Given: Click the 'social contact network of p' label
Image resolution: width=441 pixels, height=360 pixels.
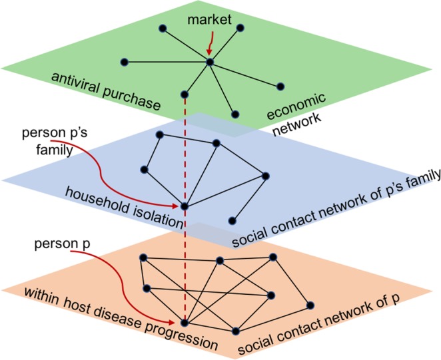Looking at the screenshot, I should pyautogui.click(x=320, y=322).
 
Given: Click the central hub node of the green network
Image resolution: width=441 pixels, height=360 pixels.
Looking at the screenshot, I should pyautogui.click(x=209, y=62).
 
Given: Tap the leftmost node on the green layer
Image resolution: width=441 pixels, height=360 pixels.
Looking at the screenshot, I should pyautogui.click(x=124, y=62).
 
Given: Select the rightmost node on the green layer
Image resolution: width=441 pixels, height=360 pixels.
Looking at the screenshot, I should pyautogui.click(x=280, y=86).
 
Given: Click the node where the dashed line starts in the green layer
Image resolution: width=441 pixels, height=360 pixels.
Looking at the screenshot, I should pyautogui.click(x=184, y=95).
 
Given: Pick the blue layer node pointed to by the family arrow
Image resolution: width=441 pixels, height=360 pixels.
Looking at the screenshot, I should pyautogui.click(x=184, y=206).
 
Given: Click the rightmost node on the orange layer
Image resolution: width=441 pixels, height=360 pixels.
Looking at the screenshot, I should pyautogui.click(x=310, y=305).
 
